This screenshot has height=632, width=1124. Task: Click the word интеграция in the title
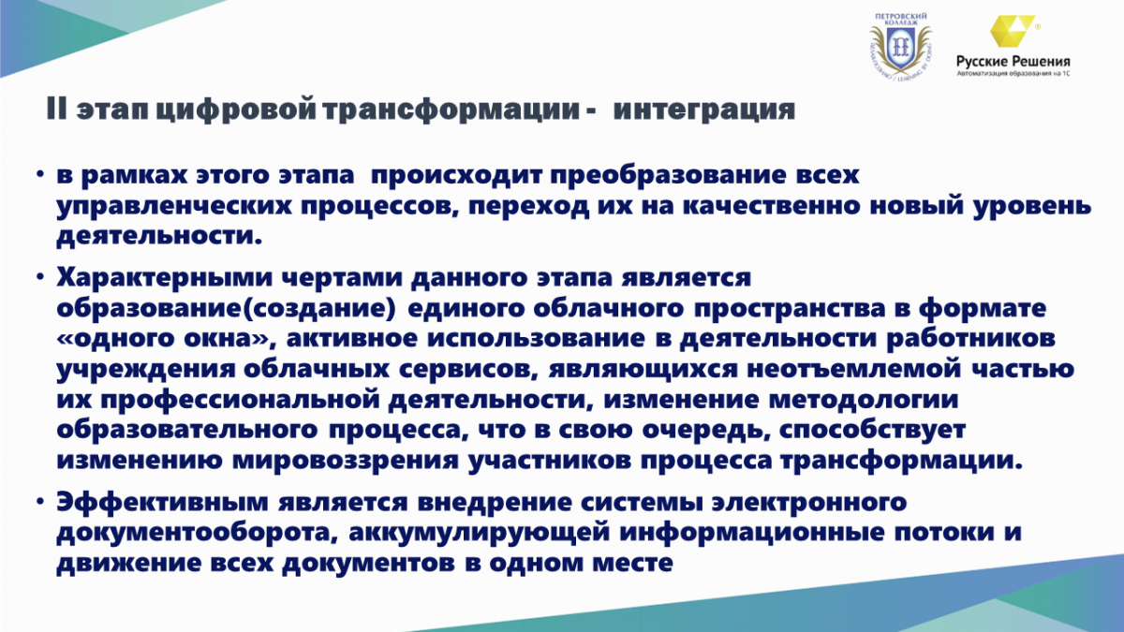(704, 110)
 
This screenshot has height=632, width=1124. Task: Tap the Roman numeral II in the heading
(56, 109)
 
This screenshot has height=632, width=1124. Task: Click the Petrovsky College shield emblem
(901, 48)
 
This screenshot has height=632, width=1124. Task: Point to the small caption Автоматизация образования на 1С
(1013, 74)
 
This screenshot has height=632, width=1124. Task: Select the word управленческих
(174, 207)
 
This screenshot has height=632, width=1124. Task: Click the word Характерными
(164, 278)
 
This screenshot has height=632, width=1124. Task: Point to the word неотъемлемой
(854, 370)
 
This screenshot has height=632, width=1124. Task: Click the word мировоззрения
(346, 462)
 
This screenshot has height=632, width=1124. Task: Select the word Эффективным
(163, 503)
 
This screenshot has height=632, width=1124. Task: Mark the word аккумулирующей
(480, 533)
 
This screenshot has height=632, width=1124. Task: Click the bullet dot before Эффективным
(40, 502)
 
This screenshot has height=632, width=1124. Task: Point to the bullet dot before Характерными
(40, 277)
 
